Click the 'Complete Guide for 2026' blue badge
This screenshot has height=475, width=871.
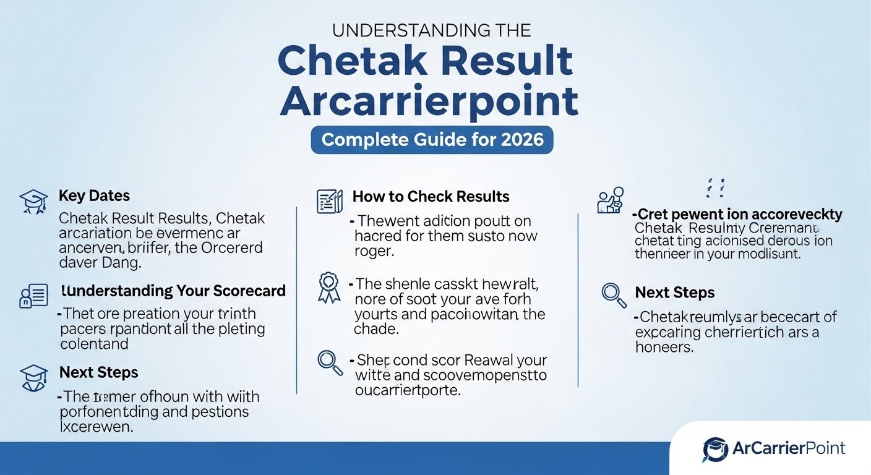click(x=432, y=139)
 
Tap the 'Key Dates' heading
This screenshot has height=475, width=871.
click(x=94, y=196)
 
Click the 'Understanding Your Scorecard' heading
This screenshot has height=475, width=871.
click(x=173, y=291)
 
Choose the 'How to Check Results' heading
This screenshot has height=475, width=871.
click(x=431, y=197)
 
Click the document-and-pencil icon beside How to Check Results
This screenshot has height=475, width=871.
click(x=330, y=202)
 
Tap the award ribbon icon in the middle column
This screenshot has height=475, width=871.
click(x=329, y=288)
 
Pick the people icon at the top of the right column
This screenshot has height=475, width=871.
click(x=611, y=201)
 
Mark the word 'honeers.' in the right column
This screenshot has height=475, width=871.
click(x=663, y=348)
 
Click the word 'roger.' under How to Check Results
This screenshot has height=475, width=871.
click(x=374, y=252)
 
